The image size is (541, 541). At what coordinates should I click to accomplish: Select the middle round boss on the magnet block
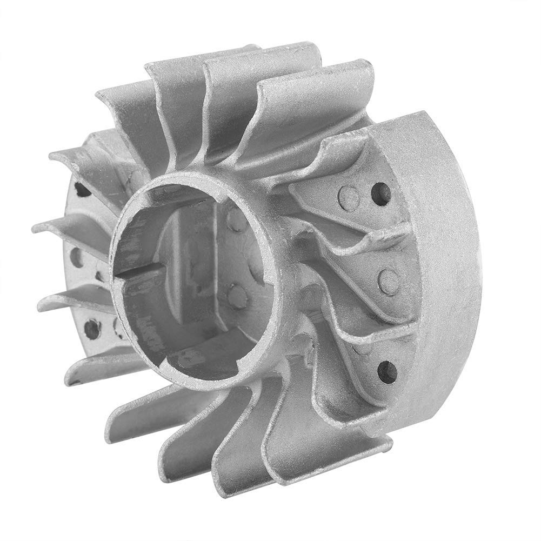[x=389, y=279]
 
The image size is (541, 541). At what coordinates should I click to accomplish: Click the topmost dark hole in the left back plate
[x=82, y=189]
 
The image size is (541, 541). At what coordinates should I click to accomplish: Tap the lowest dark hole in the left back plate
[x=92, y=328]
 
